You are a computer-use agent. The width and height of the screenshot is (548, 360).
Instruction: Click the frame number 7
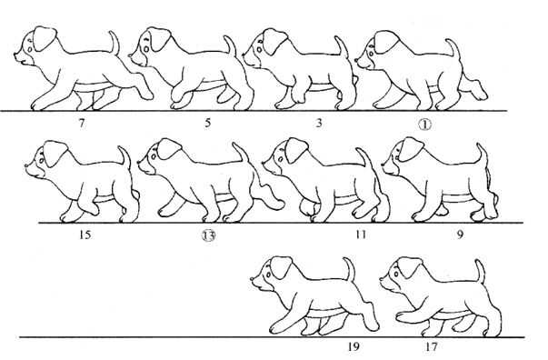pyautogui.click(x=82, y=123)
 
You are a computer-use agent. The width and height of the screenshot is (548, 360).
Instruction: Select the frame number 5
pyautogui.click(x=208, y=123)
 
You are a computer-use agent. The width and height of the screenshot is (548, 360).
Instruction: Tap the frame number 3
pyautogui.click(x=319, y=123)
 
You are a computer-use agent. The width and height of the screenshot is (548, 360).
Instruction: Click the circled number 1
pyautogui.click(x=425, y=124)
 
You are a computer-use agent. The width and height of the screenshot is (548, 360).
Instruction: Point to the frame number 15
pyautogui.click(x=85, y=235)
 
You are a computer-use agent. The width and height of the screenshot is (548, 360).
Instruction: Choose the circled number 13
pyautogui.click(x=209, y=236)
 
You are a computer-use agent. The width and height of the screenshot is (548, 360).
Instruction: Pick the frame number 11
pyautogui.click(x=361, y=235)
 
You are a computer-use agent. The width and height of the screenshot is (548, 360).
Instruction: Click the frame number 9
pyautogui.click(x=460, y=235)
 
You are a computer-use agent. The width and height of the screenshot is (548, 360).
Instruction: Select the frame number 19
pyautogui.click(x=353, y=346)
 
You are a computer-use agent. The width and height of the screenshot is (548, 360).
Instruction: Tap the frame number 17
pyautogui.click(x=432, y=346)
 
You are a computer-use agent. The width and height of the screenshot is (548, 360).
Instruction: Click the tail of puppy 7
pyautogui.click(x=115, y=43)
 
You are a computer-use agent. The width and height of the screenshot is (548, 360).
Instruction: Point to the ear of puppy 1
pyautogui.click(x=387, y=42)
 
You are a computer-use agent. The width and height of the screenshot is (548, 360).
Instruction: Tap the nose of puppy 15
pyautogui.click(x=27, y=165)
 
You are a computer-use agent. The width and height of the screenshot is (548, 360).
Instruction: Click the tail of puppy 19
pyautogui.click(x=350, y=268)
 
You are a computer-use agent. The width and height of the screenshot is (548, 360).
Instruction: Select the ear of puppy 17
pyautogui.click(x=410, y=268)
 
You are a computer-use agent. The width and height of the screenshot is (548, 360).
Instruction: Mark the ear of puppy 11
pyautogui.click(x=297, y=151)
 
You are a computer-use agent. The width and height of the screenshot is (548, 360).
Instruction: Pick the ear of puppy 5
pyautogui.click(x=159, y=39)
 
